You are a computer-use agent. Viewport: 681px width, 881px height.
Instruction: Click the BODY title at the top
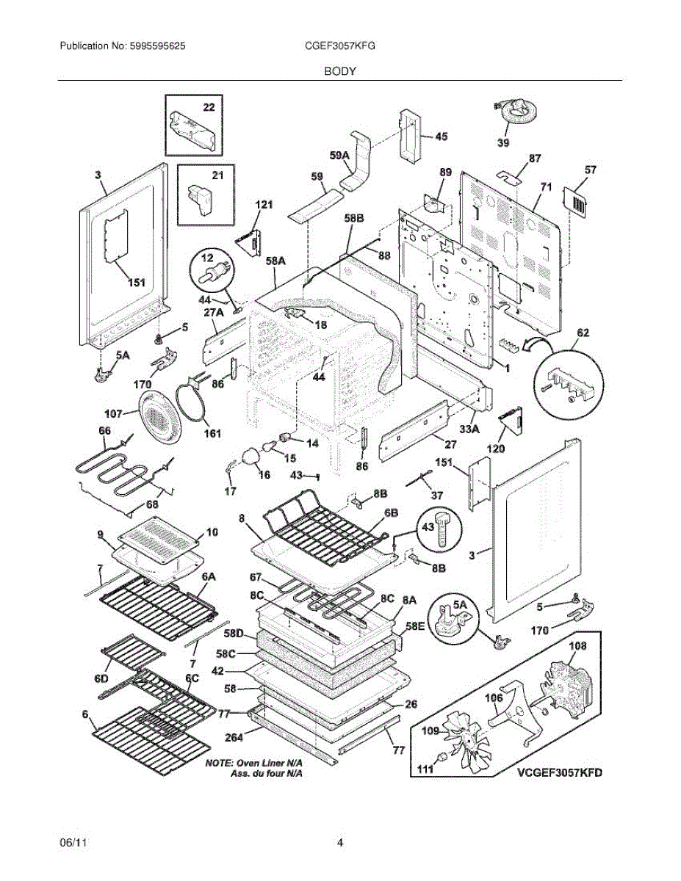click(x=340, y=71)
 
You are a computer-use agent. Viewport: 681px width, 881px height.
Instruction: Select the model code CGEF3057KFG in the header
click(x=339, y=46)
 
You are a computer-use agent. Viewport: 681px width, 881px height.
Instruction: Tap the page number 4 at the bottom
click(x=339, y=844)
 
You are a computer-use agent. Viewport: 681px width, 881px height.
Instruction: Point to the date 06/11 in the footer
click(x=71, y=844)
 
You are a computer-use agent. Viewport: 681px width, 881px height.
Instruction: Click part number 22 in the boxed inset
click(x=209, y=107)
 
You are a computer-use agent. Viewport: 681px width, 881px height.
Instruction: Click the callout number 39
click(x=502, y=142)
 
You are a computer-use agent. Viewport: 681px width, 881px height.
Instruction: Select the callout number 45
click(x=441, y=137)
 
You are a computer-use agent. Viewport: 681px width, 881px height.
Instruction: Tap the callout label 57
click(x=590, y=170)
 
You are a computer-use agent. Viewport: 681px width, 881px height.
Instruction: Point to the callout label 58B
click(x=354, y=219)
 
